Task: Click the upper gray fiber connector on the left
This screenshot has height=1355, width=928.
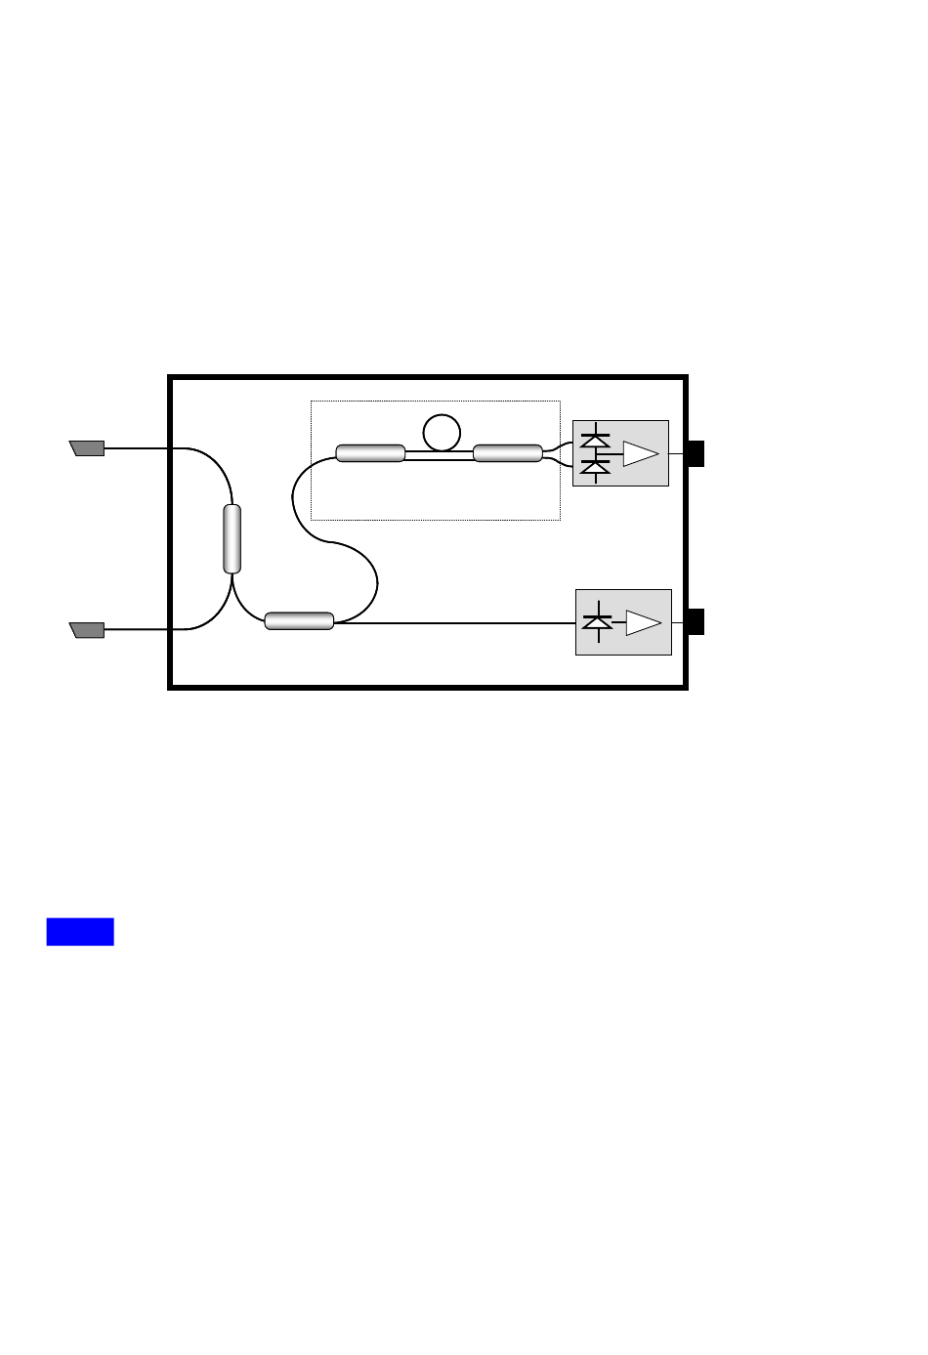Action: point(87,448)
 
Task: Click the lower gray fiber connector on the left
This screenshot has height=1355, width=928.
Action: point(87,629)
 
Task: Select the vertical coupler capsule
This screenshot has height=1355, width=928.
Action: point(232,538)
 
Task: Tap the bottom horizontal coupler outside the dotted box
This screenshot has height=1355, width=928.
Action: point(299,620)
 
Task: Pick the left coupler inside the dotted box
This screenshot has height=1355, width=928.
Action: point(370,452)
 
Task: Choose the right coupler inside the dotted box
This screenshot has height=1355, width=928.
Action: point(507,452)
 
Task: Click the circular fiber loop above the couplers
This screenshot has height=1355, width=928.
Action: point(442,432)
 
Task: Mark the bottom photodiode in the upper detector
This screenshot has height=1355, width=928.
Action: point(595,468)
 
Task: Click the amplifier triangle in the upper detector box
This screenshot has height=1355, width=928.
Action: point(641,454)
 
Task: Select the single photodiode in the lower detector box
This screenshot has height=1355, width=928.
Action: point(597,621)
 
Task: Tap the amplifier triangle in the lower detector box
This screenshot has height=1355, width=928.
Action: point(643,622)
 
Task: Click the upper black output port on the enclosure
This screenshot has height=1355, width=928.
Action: point(696,453)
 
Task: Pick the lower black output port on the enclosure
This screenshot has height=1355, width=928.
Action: point(696,621)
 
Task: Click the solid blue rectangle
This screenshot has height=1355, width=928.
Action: point(80,932)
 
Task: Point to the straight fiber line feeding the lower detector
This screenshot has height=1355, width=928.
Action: point(459,623)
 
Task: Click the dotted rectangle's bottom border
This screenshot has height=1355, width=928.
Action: point(435,520)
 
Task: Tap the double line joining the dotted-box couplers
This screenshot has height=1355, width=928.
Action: point(439,453)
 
